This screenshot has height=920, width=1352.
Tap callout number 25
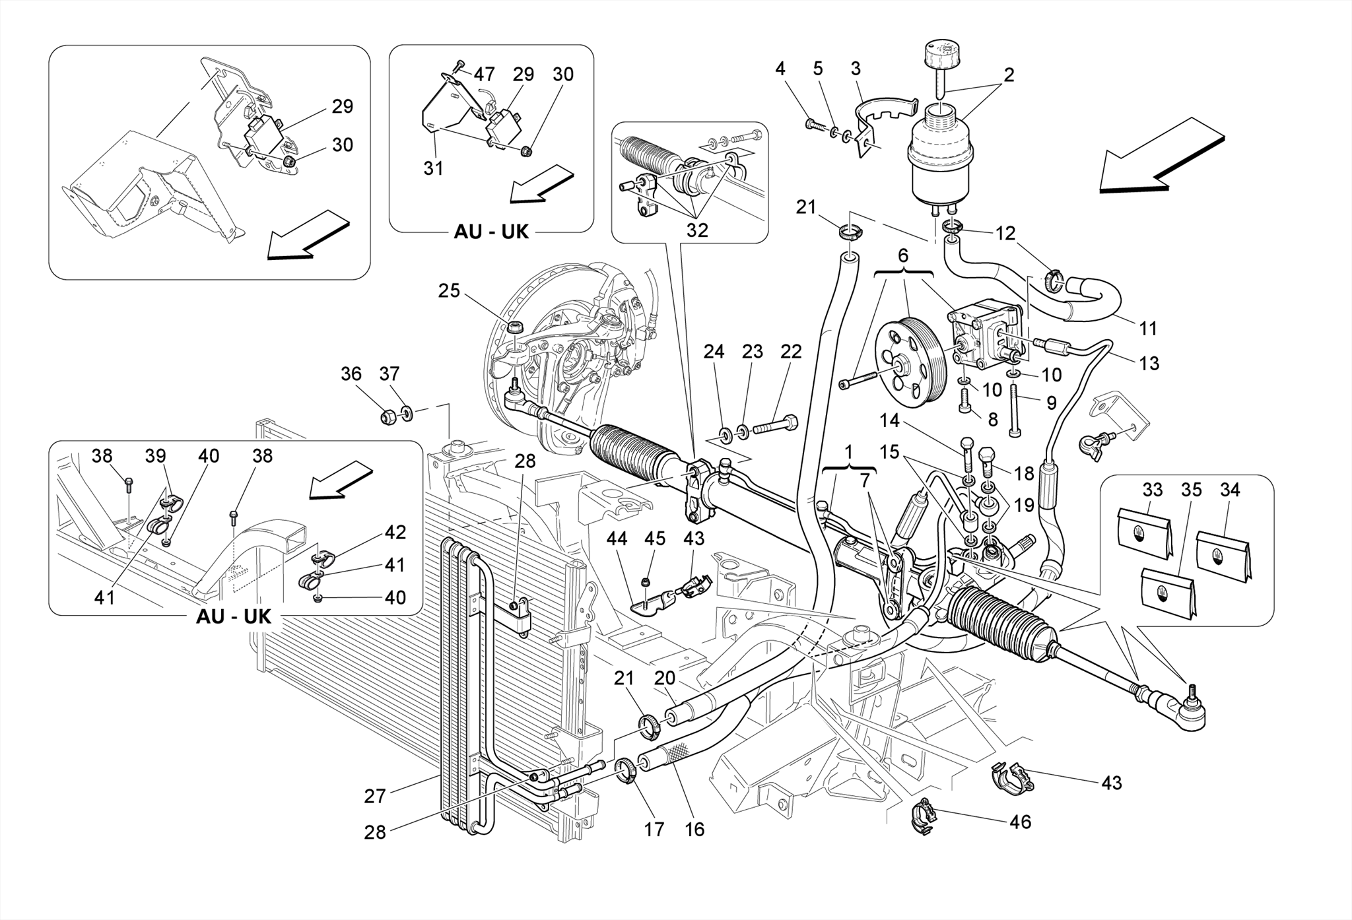click(x=449, y=291)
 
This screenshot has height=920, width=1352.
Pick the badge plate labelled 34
click(x=1223, y=555)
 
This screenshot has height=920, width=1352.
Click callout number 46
click(x=1021, y=822)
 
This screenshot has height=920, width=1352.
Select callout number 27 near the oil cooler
click(x=374, y=797)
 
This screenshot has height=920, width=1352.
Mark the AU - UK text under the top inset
click(x=491, y=232)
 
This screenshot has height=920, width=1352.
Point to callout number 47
click(x=484, y=74)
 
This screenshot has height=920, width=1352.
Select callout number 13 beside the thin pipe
click(x=1149, y=363)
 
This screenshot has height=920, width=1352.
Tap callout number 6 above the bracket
click(x=902, y=255)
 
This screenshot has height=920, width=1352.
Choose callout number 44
click(x=617, y=539)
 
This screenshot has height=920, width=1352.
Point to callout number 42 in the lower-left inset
click(x=395, y=532)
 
